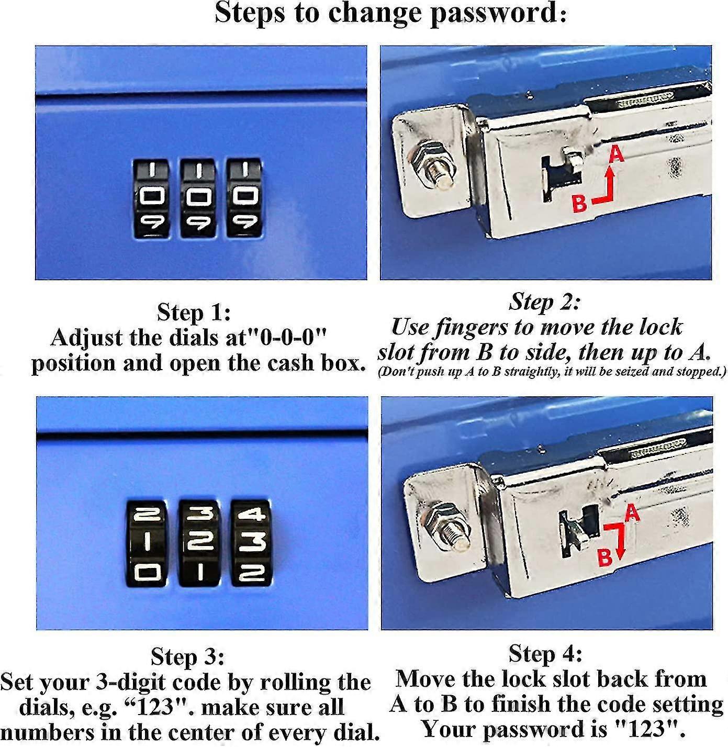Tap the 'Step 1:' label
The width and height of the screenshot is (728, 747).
[194, 313]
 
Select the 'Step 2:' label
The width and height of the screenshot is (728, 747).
[545, 302]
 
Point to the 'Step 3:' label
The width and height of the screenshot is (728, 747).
[187, 657]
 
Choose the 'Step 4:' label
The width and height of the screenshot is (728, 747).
[545, 654]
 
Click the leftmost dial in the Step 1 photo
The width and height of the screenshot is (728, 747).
[151, 198]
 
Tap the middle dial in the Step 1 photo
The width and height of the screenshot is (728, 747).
[198, 198]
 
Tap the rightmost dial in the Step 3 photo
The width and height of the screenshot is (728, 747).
[251, 542]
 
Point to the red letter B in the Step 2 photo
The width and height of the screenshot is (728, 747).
[579, 203]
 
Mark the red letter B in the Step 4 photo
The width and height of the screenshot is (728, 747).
[604, 557]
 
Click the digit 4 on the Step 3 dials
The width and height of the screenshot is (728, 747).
[251, 515]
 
